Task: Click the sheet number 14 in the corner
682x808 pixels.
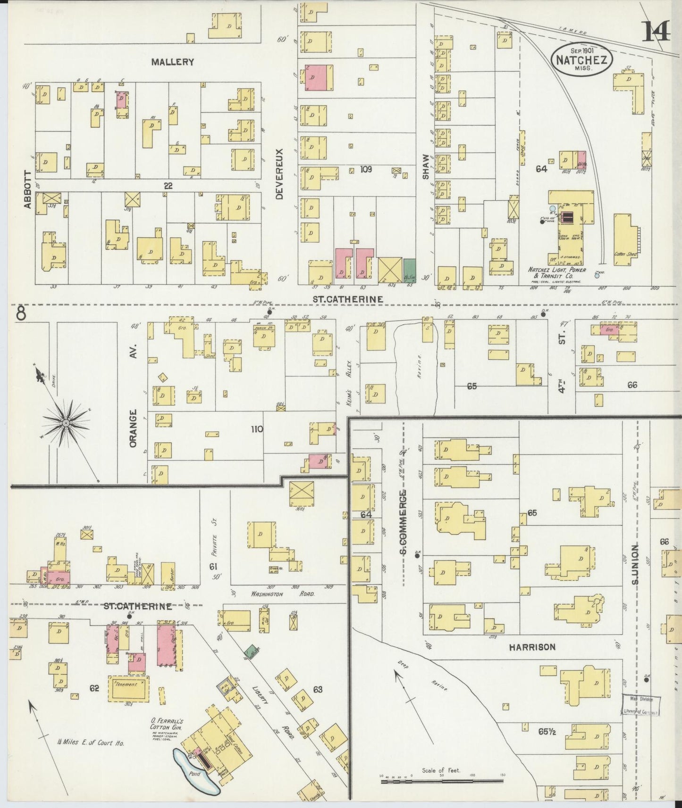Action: (x=656, y=32)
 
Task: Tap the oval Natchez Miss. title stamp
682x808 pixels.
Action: (x=582, y=59)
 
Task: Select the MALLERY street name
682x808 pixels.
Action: (x=173, y=62)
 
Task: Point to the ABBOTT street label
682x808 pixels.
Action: (x=27, y=189)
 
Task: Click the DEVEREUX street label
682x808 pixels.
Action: (x=279, y=174)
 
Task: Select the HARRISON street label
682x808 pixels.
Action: (x=532, y=647)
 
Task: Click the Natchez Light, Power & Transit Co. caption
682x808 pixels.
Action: (x=556, y=273)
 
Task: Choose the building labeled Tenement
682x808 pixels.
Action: (x=128, y=688)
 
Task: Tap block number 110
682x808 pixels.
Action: (x=257, y=429)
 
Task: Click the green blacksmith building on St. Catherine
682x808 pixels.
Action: (x=409, y=270)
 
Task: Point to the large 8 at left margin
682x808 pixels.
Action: (x=21, y=313)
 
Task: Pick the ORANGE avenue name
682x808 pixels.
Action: (x=133, y=429)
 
